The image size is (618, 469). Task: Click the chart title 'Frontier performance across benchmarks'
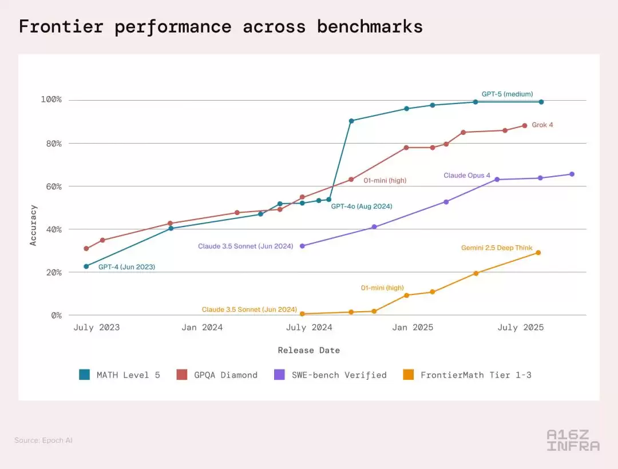pyautogui.click(x=220, y=26)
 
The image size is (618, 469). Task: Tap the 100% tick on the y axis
pyautogui.click(x=51, y=100)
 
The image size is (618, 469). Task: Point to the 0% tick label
pyautogui.click(x=56, y=315)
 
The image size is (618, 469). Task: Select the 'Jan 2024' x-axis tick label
pyautogui.click(x=202, y=328)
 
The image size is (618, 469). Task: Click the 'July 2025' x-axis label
pyautogui.click(x=521, y=328)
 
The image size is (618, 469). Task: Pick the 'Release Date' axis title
pyautogui.click(x=308, y=350)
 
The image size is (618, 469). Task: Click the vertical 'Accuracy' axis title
pyautogui.click(x=33, y=225)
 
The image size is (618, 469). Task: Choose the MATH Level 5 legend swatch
pyautogui.click(x=85, y=375)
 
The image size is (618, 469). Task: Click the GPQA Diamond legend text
pyautogui.click(x=225, y=375)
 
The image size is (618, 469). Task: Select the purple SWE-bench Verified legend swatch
pyautogui.click(x=280, y=375)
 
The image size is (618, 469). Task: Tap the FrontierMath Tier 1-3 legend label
pyautogui.click(x=476, y=375)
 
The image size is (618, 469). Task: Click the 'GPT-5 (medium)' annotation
pyautogui.click(x=507, y=94)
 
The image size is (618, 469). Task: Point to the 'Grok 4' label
pyautogui.click(x=542, y=125)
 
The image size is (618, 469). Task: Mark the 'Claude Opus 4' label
pyautogui.click(x=467, y=176)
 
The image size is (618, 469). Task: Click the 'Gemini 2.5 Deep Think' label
pyautogui.click(x=497, y=248)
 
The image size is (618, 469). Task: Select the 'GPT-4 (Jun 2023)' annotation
pyautogui.click(x=126, y=267)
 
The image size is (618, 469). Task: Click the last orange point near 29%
pyautogui.click(x=538, y=253)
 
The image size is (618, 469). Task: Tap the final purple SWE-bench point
pyautogui.click(x=572, y=174)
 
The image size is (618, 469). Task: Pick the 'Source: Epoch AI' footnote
pyautogui.click(x=43, y=440)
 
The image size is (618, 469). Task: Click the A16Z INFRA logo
pyautogui.click(x=573, y=440)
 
